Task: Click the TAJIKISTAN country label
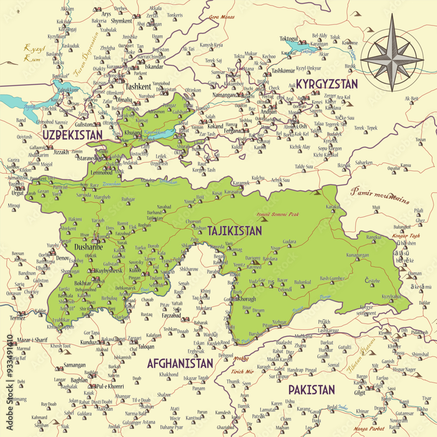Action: (235, 231)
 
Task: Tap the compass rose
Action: (392, 58)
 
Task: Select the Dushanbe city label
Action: (88, 247)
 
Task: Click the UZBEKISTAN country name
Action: (73, 134)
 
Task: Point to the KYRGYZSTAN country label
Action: (327, 84)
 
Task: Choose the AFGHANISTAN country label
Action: (180, 363)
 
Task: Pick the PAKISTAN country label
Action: (312, 389)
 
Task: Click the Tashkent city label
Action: (138, 87)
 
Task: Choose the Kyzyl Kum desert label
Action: (31, 53)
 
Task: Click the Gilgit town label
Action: (360, 393)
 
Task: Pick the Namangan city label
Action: (223, 95)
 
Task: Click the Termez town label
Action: (18, 318)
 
